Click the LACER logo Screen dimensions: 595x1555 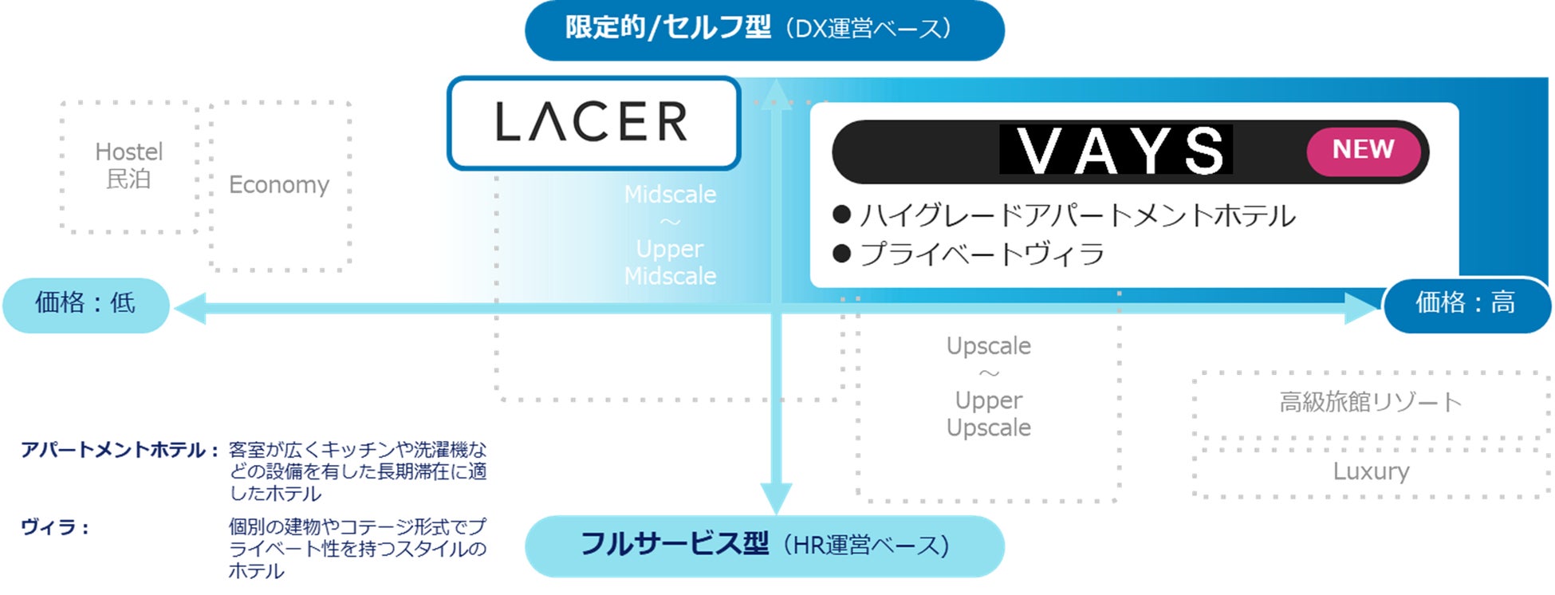pos(592,123)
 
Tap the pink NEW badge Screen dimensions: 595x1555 pos(1363,150)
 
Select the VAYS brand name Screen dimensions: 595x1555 pos(1116,150)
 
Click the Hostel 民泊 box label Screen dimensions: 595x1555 pos(128,165)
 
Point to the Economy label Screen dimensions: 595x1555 pos(279,184)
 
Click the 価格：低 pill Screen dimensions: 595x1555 pos(85,304)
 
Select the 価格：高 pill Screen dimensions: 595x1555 pos(1466,304)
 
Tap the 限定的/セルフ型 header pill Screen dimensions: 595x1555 pos(764,30)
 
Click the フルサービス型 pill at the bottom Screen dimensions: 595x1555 pos(764,546)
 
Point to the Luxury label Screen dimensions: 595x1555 pos(1371,471)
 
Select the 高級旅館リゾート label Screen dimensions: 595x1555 pos(1370,402)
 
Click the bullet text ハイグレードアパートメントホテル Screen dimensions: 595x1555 pos(1077,215)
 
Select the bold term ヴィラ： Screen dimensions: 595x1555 pos(54,527)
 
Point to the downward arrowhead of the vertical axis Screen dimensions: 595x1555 pos(776,498)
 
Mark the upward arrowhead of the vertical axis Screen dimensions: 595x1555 pos(776,93)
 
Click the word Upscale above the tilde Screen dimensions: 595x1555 pos(988,346)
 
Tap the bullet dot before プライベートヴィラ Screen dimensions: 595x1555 pos(841,254)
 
